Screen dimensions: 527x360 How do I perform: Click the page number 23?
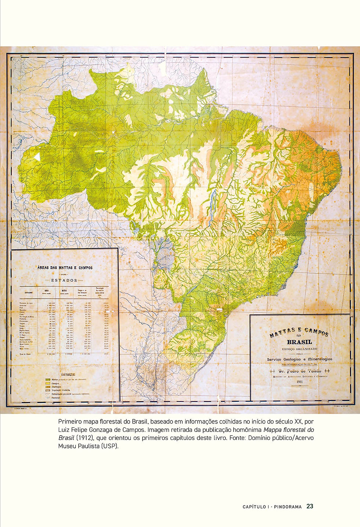[x=310, y=506]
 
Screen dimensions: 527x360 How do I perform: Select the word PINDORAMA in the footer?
[x=287, y=507]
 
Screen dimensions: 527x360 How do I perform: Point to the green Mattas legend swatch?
[x=47, y=379]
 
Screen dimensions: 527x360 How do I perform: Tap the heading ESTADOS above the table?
[x=64, y=280]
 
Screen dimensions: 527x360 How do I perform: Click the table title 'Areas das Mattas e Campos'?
[x=65, y=268]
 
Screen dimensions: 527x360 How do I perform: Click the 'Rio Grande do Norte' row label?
[x=27, y=317]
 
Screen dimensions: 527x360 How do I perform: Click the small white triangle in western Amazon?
[x=37, y=156]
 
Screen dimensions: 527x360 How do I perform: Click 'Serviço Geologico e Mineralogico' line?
[x=300, y=359]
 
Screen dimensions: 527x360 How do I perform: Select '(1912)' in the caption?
[x=84, y=438]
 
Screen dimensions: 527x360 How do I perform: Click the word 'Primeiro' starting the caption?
[x=70, y=421]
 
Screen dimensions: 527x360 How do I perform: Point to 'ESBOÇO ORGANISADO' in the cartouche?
[x=300, y=349]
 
